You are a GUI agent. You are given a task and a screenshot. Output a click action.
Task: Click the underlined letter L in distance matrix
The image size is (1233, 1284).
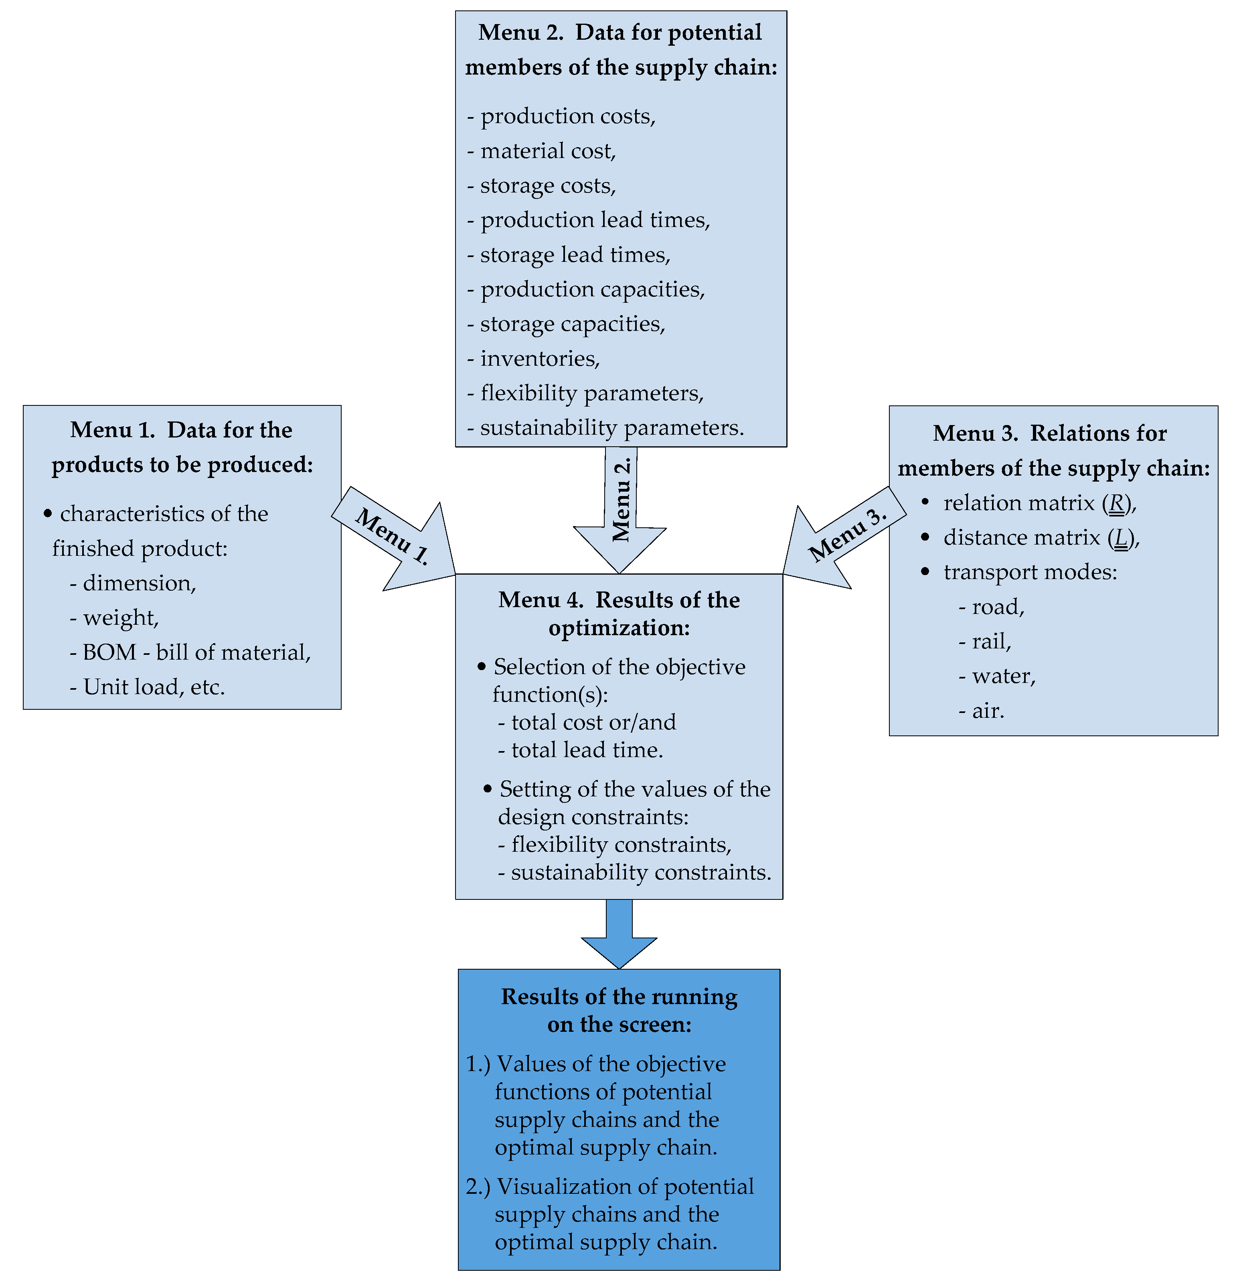coord(1121,538)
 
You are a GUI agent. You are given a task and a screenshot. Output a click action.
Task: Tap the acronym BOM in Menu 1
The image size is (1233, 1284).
coord(109,652)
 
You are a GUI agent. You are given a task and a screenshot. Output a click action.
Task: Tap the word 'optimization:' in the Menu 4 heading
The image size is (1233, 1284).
coord(619,628)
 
